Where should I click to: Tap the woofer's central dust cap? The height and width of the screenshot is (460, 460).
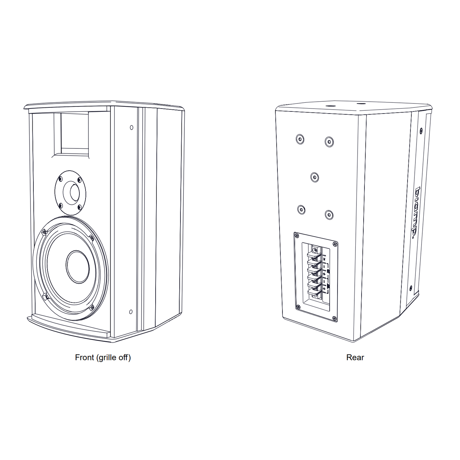pyautogui.click(x=78, y=266)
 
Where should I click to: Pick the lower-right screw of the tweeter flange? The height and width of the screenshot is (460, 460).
pyautogui.click(x=79, y=207)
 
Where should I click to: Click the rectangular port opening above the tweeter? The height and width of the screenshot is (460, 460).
pyautogui.click(x=74, y=133)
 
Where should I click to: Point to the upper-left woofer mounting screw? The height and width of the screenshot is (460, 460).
pyautogui.click(x=44, y=232)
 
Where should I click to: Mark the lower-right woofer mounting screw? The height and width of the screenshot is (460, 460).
pyautogui.click(x=92, y=307)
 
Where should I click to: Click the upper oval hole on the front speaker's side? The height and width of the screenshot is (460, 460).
pyautogui.click(x=132, y=127)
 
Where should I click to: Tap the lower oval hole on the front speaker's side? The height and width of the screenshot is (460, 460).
pyautogui.click(x=131, y=312)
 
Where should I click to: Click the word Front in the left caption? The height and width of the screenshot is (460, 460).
pyautogui.click(x=84, y=358)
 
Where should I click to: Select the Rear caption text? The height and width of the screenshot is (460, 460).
pyautogui.click(x=355, y=358)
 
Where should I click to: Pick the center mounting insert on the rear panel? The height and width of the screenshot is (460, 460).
pyautogui.click(x=314, y=177)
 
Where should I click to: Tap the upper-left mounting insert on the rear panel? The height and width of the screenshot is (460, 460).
pyautogui.click(x=300, y=139)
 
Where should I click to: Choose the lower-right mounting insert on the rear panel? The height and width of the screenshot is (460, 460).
pyautogui.click(x=329, y=215)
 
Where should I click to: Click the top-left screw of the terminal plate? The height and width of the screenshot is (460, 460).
pyautogui.click(x=297, y=236)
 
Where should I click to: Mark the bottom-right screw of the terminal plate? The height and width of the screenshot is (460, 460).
pyautogui.click(x=334, y=318)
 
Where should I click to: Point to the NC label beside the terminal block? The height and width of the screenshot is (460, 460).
pyautogui.click(x=325, y=258)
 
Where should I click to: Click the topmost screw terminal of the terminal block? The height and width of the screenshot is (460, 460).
pyautogui.click(x=315, y=250)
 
